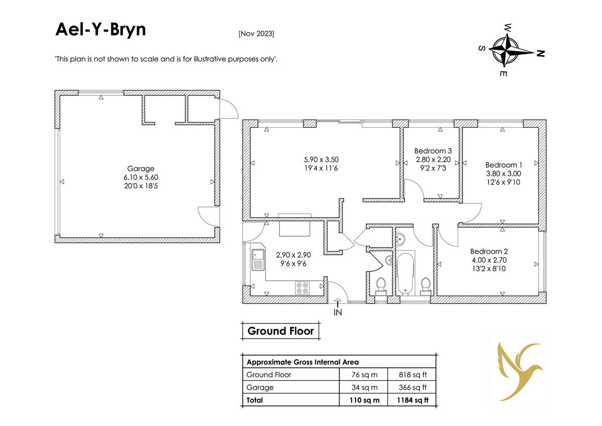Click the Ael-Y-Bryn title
(x=100, y=30)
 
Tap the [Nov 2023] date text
(x=256, y=34)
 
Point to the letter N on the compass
(x=540, y=54)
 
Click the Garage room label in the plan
(x=141, y=168)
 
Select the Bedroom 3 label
(x=433, y=151)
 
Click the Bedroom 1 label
(x=504, y=165)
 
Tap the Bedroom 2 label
(x=489, y=251)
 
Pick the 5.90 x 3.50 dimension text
(x=321, y=159)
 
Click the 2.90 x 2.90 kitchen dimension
(x=293, y=255)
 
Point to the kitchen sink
(x=258, y=260)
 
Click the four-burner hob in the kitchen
(x=302, y=288)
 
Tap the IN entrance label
(x=338, y=312)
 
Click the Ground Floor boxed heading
(x=280, y=331)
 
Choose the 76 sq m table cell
(x=364, y=375)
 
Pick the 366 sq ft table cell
(x=412, y=387)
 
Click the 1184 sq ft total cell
(x=412, y=400)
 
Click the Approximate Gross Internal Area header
(x=303, y=362)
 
